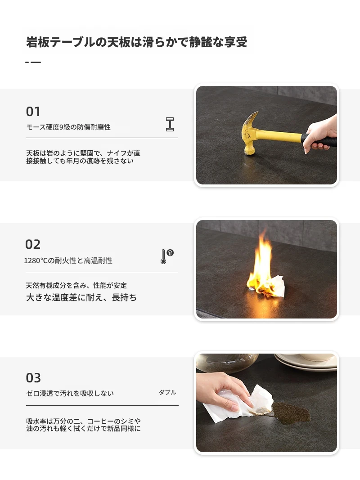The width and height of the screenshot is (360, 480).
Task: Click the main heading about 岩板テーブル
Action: tap(136, 42)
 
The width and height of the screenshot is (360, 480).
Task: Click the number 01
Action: tap(33, 112)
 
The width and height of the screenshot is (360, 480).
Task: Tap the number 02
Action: tap(33, 244)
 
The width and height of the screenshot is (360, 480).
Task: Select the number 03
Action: tap(33, 378)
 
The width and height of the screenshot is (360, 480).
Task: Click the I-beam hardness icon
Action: tap(170, 124)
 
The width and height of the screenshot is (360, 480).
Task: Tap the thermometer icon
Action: tap(167, 256)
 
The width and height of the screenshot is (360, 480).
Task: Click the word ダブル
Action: tap(167, 392)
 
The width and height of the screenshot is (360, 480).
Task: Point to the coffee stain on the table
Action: tap(291, 413)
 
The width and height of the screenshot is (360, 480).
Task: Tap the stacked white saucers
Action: tap(306, 362)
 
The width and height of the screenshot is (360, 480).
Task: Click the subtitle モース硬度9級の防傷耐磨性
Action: tap(68, 127)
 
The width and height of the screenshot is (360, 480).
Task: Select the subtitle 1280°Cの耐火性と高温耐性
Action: tap(68, 260)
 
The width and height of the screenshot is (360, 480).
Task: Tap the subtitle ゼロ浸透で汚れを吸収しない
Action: tap(70, 393)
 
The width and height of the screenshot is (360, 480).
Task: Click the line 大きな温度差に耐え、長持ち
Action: tap(81, 297)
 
